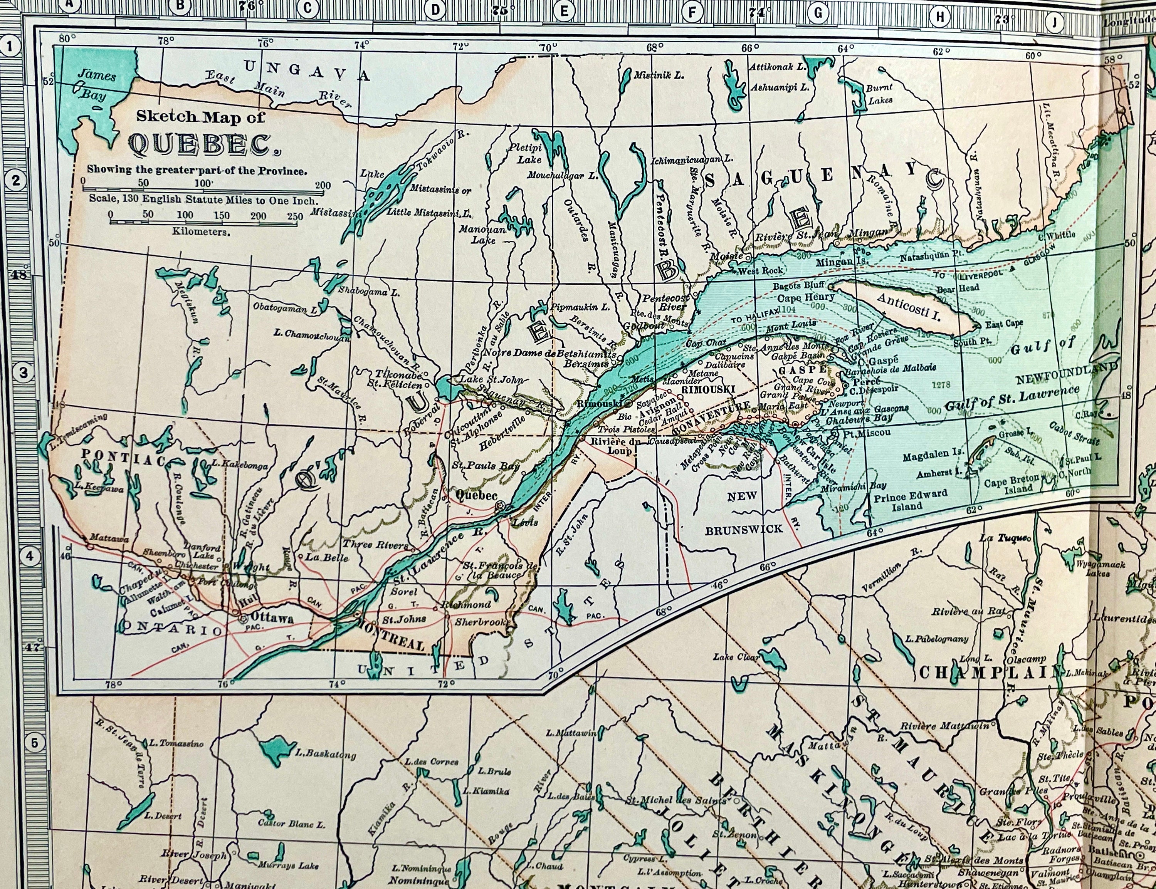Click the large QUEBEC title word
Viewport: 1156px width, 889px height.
click(200, 144)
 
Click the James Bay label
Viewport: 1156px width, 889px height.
click(95, 85)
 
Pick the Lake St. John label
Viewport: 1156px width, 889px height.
click(491, 379)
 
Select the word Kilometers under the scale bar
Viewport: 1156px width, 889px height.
click(201, 232)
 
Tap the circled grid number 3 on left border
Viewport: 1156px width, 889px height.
click(23, 372)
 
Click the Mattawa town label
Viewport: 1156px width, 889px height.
click(109, 538)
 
